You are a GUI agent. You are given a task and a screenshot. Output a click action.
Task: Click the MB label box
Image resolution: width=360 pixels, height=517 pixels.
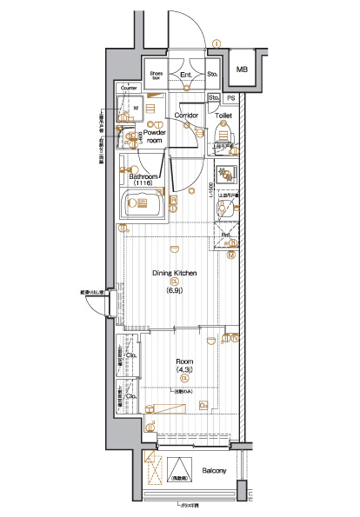coord(242,69)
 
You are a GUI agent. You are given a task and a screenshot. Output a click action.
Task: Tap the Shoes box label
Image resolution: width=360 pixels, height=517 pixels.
coord(157,76)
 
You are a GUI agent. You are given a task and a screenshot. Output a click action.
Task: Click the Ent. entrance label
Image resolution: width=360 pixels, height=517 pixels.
coord(186,75)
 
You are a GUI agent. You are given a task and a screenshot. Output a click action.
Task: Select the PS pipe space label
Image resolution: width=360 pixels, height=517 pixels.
coord(231,98)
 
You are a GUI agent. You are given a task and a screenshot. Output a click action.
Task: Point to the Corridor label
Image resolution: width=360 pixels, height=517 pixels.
coord(188,115)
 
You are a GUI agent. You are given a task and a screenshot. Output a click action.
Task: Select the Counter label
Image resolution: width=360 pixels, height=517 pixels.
coord(130,88)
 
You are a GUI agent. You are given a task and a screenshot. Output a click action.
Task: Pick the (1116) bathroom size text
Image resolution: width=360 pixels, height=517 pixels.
coord(144,183)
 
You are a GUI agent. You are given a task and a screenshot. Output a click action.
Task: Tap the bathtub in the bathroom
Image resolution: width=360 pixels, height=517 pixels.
coord(143,206)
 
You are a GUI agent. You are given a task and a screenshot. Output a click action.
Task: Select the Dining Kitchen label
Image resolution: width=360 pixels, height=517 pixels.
coord(175,273)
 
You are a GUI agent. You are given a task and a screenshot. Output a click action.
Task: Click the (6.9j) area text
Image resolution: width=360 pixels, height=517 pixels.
coord(175,290)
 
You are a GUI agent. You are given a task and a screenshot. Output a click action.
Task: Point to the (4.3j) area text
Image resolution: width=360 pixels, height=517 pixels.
coord(184,369)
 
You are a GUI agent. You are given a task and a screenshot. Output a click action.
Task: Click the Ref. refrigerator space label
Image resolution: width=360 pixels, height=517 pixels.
coord(224,235)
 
